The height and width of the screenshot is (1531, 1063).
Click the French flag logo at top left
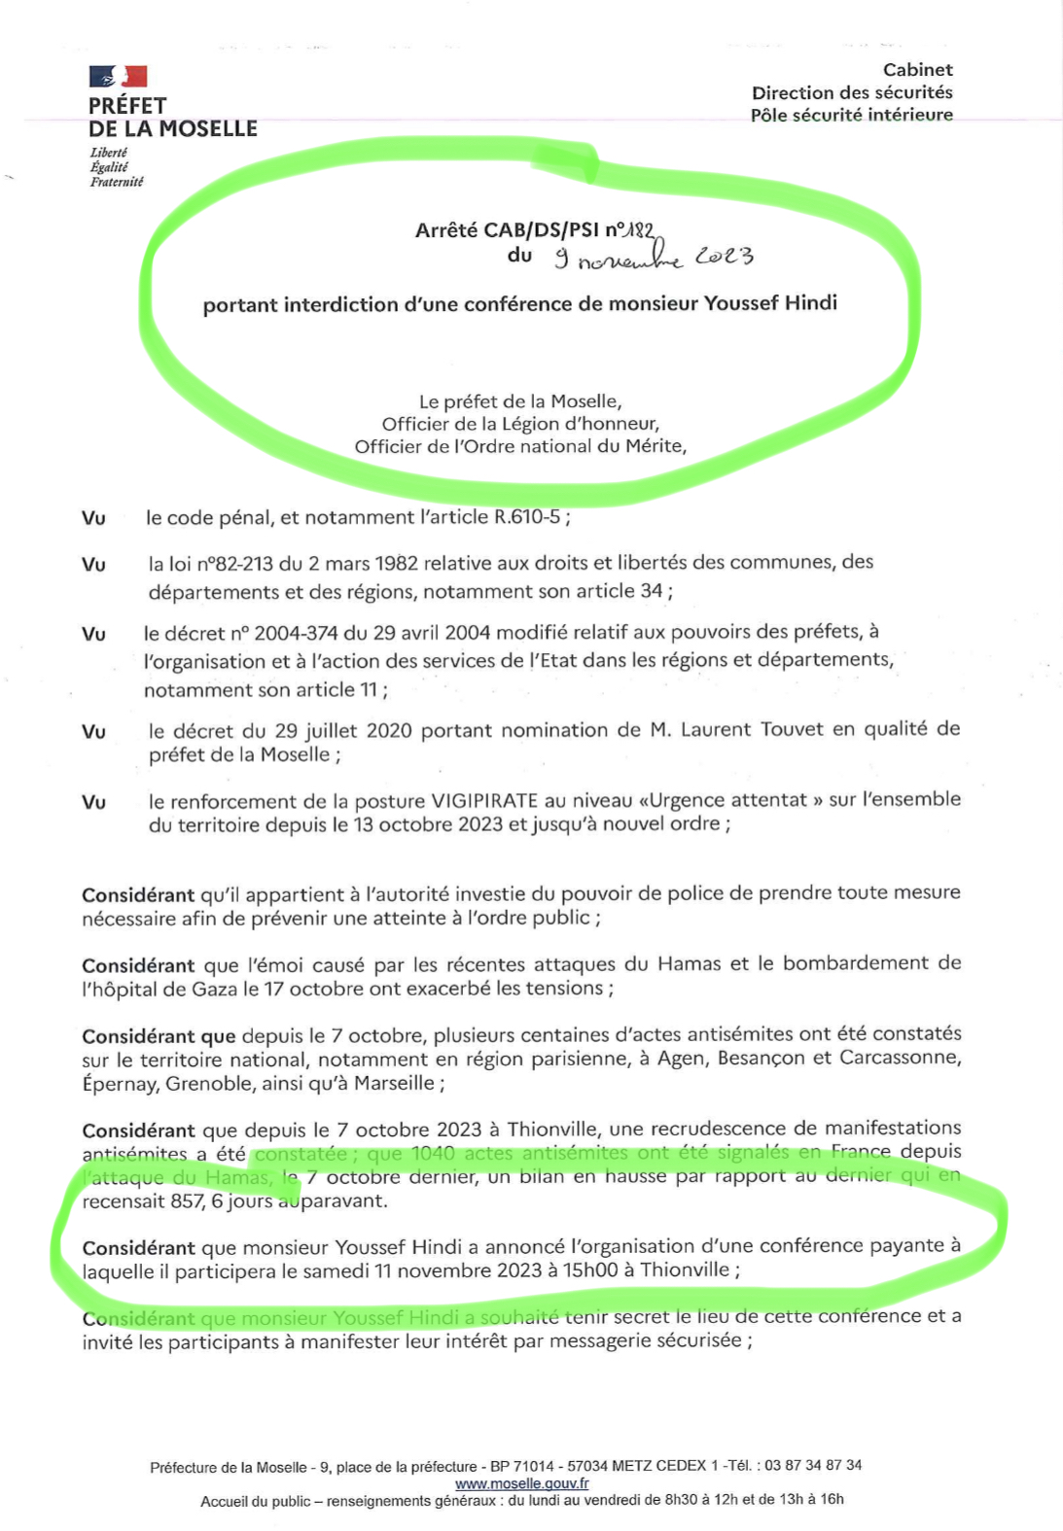(x=118, y=76)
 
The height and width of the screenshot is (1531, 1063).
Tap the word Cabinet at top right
(x=917, y=70)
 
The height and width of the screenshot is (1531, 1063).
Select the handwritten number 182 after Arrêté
(x=639, y=230)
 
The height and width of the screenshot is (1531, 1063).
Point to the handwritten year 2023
(x=724, y=256)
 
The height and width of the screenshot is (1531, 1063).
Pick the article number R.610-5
(x=527, y=517)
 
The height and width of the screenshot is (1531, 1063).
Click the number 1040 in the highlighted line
(x=433, y=1153)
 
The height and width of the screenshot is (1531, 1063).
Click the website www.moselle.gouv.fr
(x=521, y=1483)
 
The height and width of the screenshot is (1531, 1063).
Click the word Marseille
(x=394, y=1083)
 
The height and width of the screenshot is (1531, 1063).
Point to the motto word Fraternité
(x=117, y=182)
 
